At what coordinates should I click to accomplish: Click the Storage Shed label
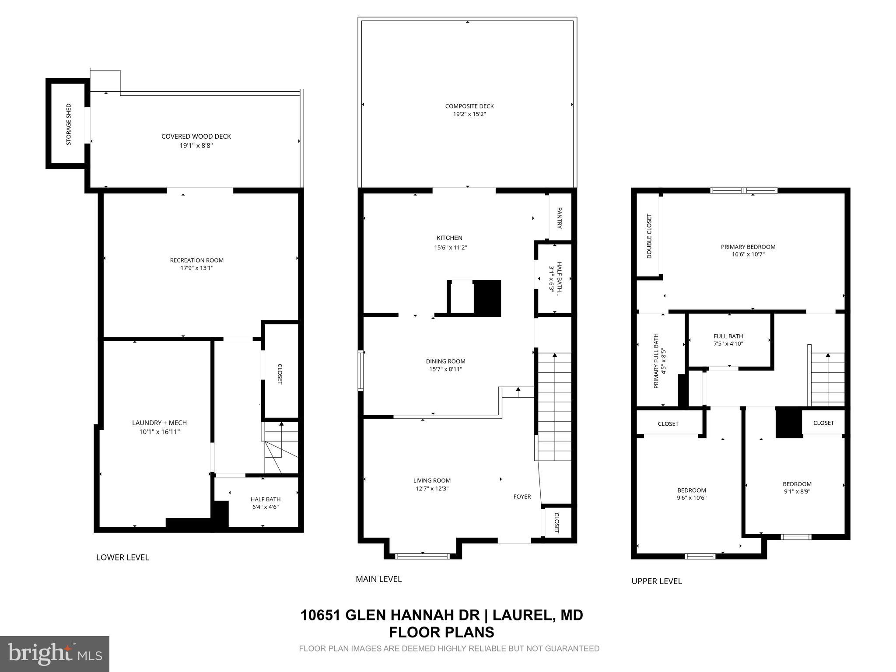click(69, 125)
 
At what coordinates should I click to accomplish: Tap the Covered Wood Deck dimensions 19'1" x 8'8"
click(196, 146)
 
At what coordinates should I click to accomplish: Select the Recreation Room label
click(196, 260)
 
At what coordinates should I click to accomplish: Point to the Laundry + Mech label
click(159, 423)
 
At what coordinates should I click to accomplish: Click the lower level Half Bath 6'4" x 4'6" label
click(265, 503)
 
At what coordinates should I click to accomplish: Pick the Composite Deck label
click(469, 106)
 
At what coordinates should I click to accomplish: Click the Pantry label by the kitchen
click(559, 218)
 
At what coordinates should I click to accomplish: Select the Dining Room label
click(445, 361)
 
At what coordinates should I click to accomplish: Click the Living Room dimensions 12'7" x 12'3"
click(432, 489)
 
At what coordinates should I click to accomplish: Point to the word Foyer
click(522, 497)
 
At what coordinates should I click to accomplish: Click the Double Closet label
click(649, 236)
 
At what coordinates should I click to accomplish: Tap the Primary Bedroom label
click(748, 247)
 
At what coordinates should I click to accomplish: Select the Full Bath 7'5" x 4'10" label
click(728, 340)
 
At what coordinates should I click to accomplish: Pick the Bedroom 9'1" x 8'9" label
click(797, 487)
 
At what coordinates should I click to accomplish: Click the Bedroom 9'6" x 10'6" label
click(691, 494)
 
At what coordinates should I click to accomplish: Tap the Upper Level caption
click(656, 581)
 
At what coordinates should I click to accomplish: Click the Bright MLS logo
click(55, 653)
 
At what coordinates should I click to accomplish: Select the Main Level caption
click(378, 579)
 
